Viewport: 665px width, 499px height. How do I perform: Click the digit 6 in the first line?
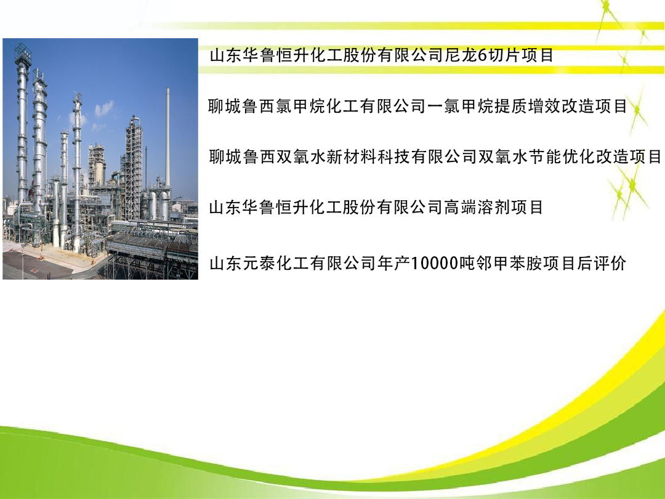(x=483, y=55)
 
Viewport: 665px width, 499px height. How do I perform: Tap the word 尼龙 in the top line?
(x=461, y=55)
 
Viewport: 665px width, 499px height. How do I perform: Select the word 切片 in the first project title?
(x=504, y=55)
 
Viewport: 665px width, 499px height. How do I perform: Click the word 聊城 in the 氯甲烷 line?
(x=225, y=106)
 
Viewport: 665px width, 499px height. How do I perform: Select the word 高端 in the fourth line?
(x=461, y=208)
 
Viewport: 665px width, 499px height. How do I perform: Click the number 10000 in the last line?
(x=435, y=264)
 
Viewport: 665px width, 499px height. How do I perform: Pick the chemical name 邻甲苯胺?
(x=509, y=264)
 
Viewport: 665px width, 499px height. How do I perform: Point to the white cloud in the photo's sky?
(x=103, y=109)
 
